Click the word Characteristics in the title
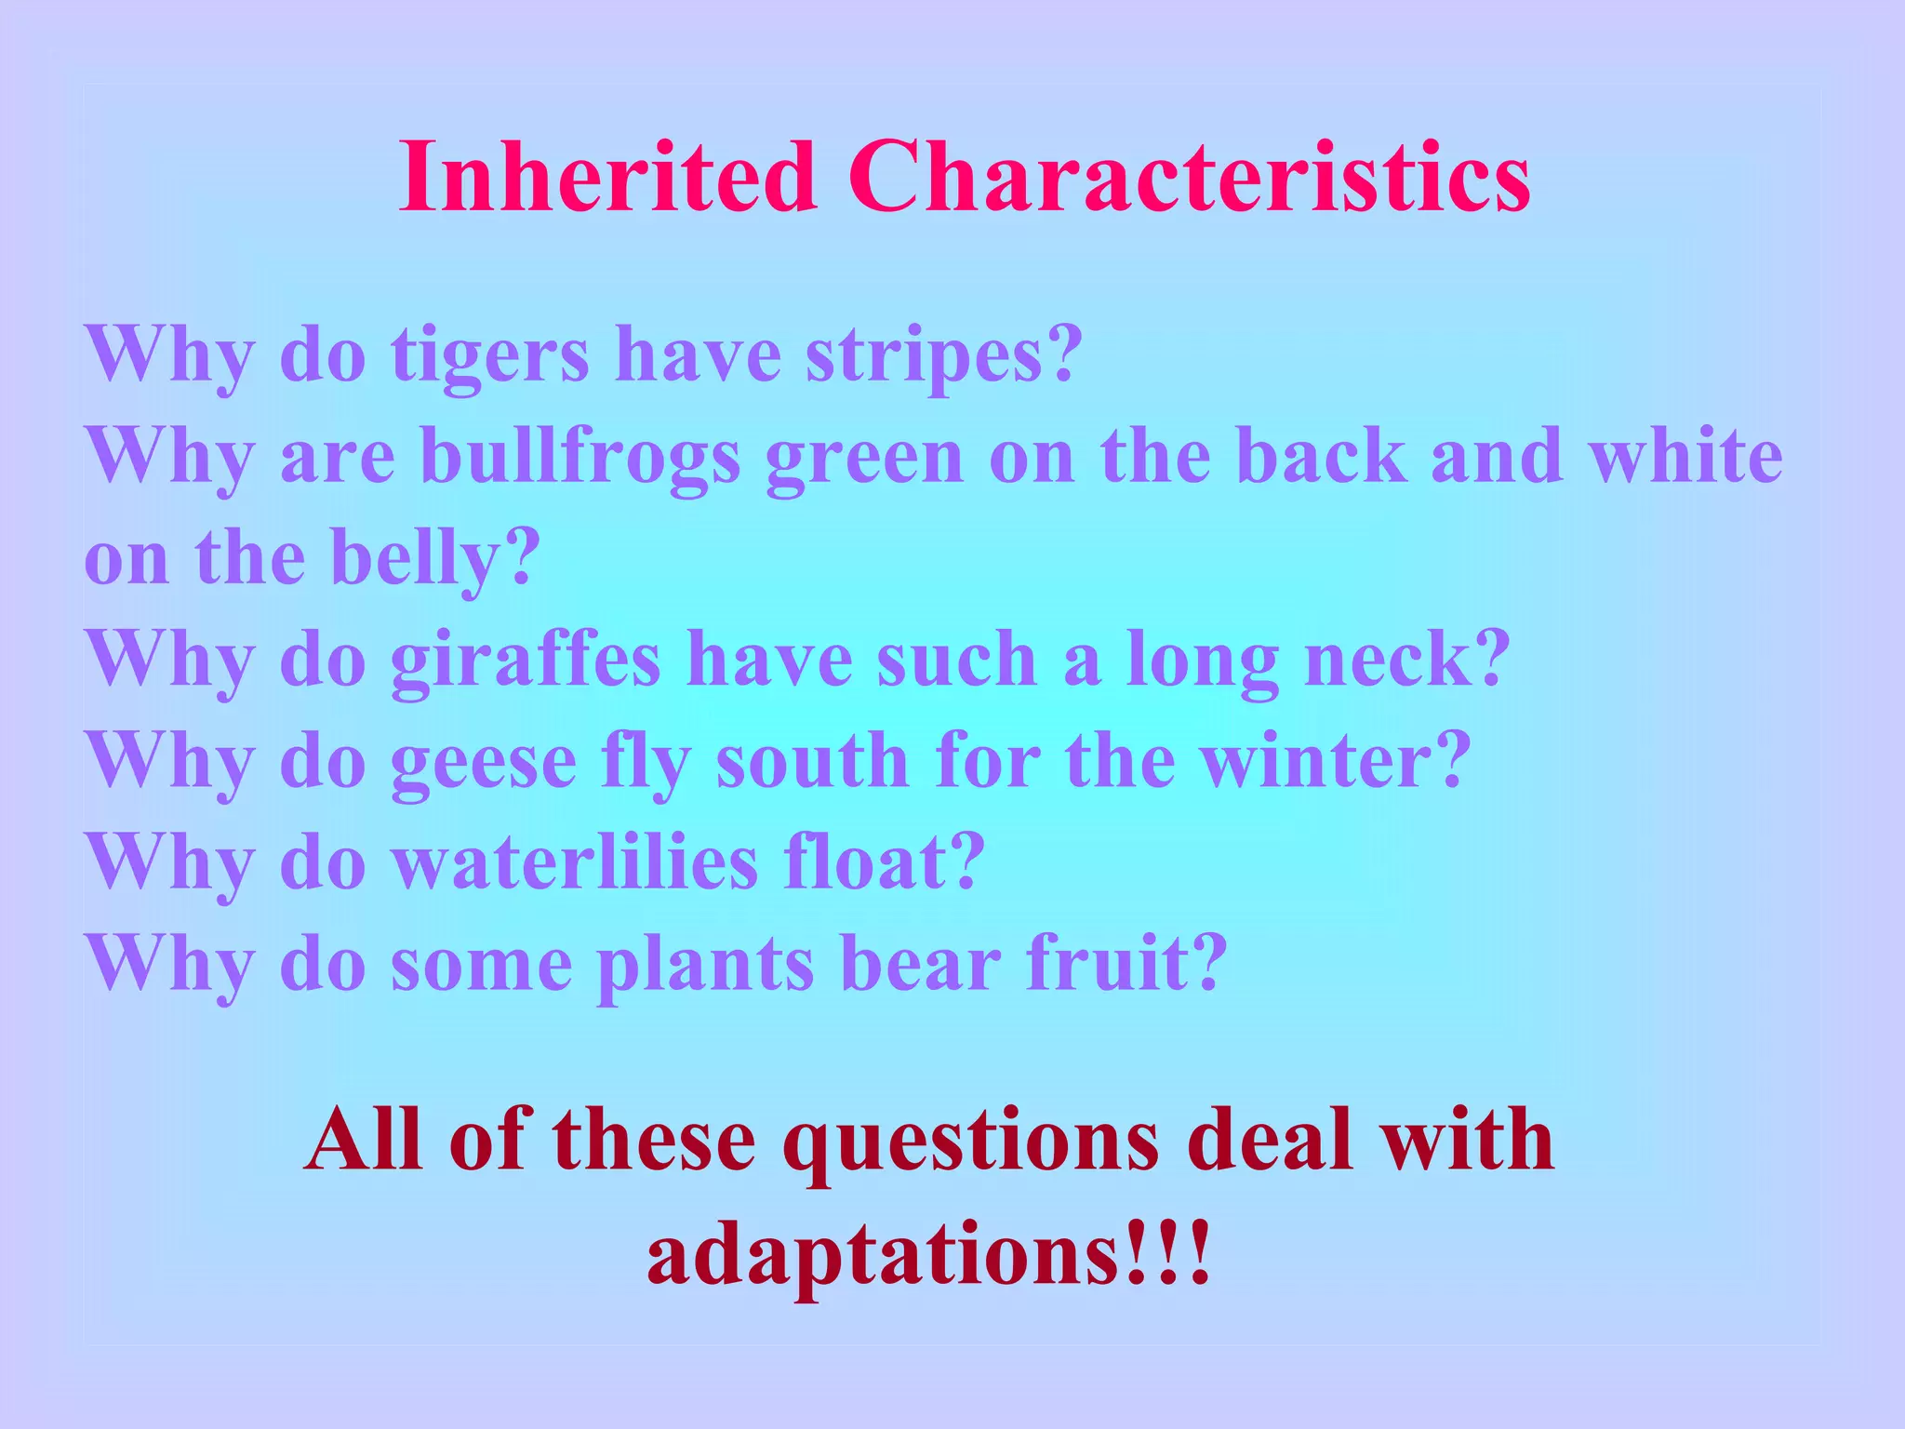(x=1189, y=177)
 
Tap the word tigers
(x=489, y=356)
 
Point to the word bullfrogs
(x=580, y=458)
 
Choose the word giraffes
(x=526, y=661)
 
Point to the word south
(x=812, y=761)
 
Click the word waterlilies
(x=575, y=862)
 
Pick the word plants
(x=706, y=966)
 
